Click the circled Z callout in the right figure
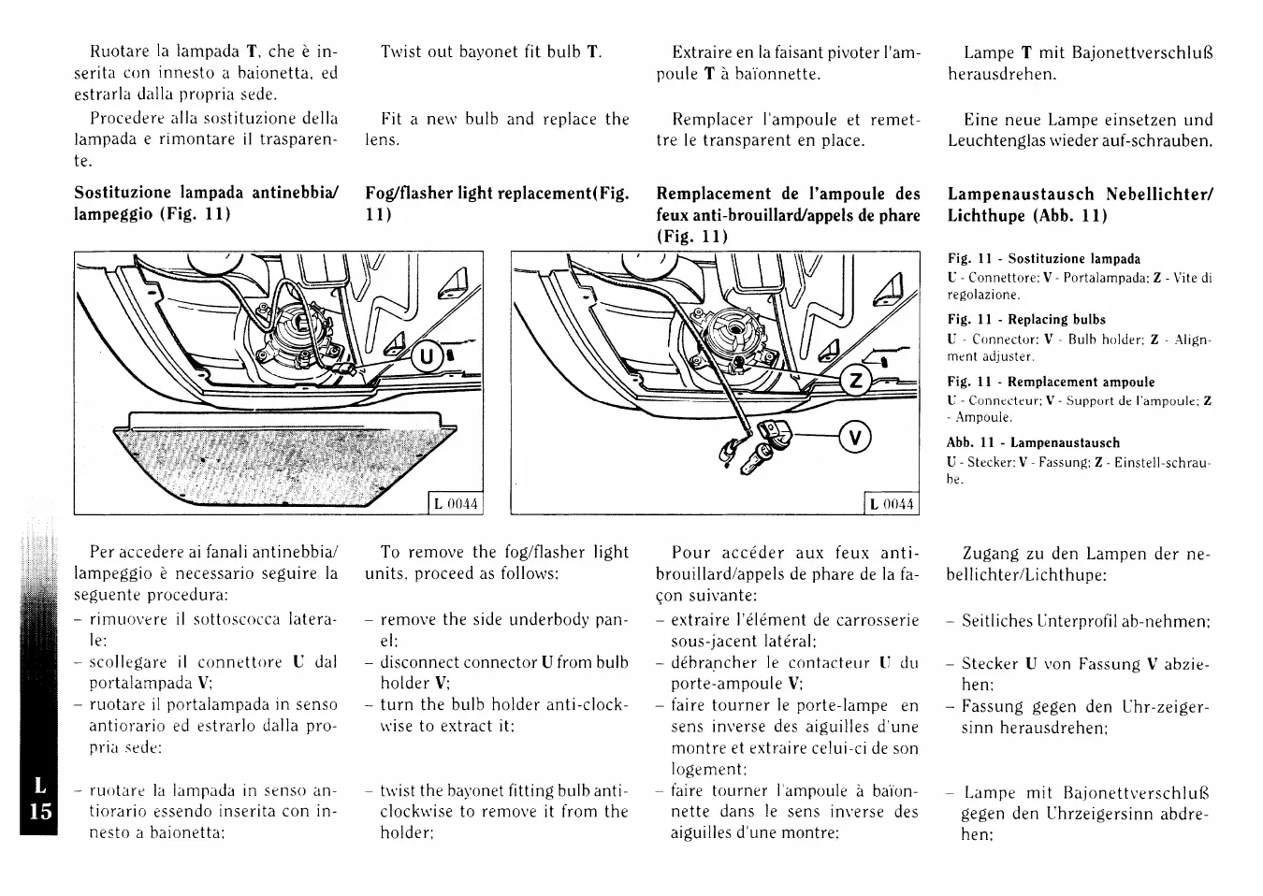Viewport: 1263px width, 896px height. pyautogui.click(x=854, y=381)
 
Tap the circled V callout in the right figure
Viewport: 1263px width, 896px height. pyautogui.click(x=855, y=436)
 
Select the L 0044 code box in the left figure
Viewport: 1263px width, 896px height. pyautogui.click(x=456, y=504)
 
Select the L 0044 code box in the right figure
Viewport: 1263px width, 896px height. pyautogui.click(x=891, y=504)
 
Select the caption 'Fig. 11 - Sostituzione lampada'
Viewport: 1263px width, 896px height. pyautogui.click(x=1043, y=259)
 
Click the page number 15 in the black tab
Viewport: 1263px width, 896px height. pyautogui.click(x=39, y=810)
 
